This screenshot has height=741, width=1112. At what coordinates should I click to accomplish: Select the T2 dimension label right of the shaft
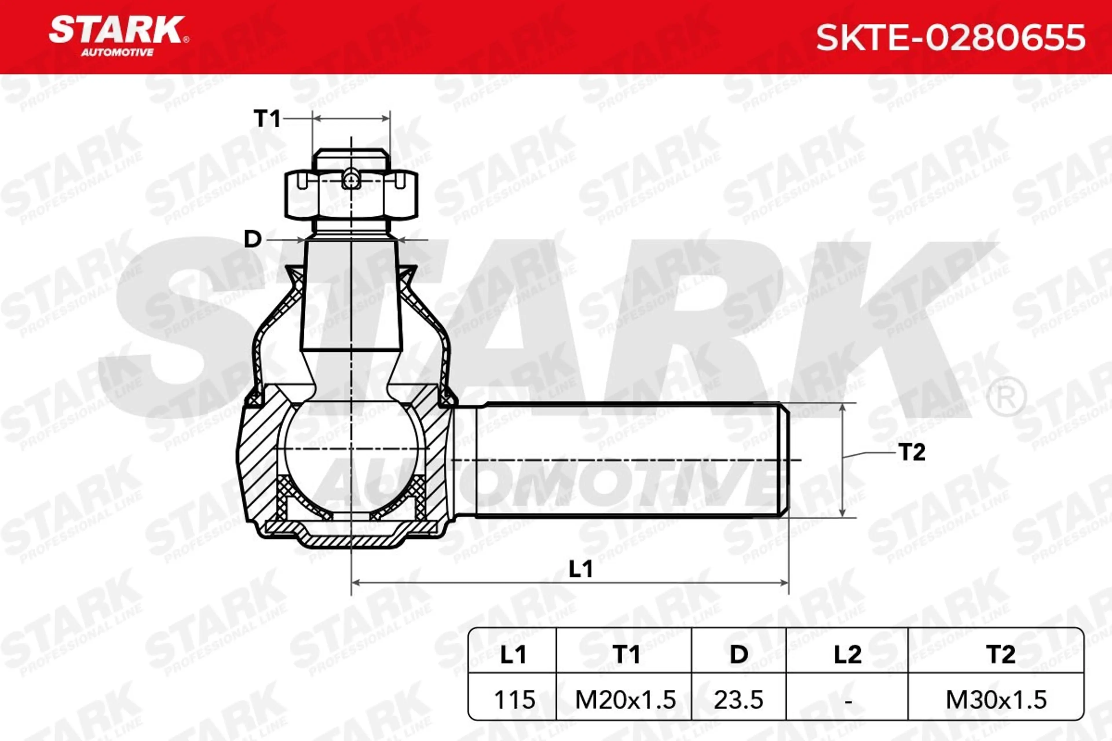click(912, 452)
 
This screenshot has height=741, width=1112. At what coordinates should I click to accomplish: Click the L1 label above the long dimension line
click(581, 569)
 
